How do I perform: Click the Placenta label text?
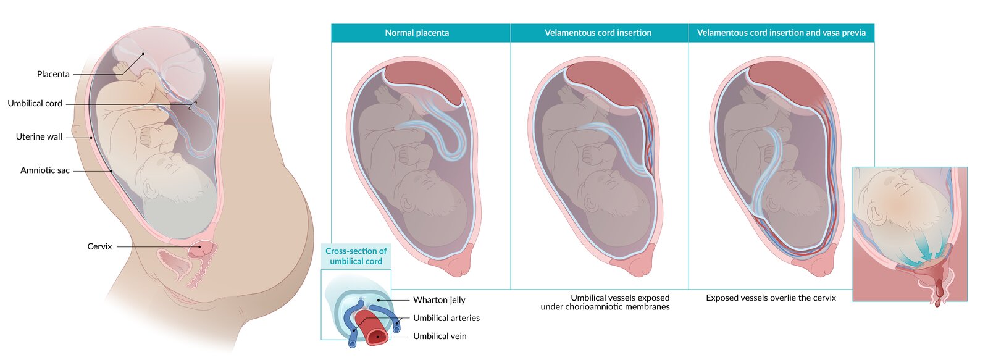coord(53,74)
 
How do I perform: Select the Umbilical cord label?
coord(35,104)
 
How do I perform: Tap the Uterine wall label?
coord(39,137)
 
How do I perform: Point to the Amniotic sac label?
coord(44,170)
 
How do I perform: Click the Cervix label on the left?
coord(99,246)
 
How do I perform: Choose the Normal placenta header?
coord(417,33)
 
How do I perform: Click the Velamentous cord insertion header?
coord(598,33)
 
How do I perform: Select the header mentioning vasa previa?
coord(781,33)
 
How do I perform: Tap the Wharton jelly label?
coord(439,300)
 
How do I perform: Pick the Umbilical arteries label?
coord(446,318)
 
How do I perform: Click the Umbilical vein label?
coord(440,336)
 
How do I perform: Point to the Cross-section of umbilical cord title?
coord(356,256)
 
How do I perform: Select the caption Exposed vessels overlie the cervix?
coord(771,298)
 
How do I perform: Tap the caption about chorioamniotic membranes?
coord(605,303)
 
